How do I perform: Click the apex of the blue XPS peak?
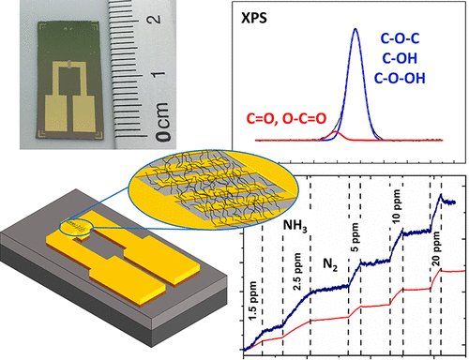(355, 29)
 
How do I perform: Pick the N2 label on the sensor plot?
(325, 263)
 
